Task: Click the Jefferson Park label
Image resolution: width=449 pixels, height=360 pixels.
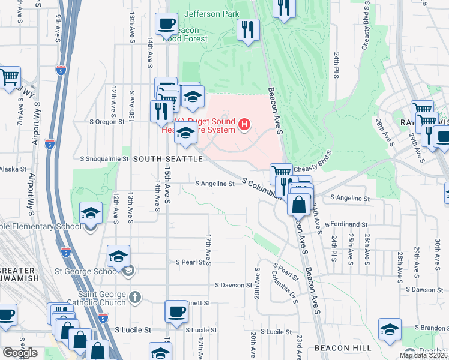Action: (212, 14)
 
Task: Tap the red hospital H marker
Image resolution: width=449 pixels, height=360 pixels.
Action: (244, 125)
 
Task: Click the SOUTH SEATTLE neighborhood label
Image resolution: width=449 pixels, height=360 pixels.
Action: (168, 159)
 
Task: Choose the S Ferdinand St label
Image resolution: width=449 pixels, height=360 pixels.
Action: (345, 224)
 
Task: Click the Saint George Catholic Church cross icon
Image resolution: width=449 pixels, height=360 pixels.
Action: (136, 297)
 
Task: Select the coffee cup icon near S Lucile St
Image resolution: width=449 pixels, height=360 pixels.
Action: (176, 311)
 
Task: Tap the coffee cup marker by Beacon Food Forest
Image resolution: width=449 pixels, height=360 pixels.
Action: (166, 25)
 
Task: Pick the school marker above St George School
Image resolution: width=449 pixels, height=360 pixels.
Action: (119, 256)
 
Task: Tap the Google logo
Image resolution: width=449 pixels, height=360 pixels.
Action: (20, 353)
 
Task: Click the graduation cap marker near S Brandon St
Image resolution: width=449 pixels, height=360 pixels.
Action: (390, 329)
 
